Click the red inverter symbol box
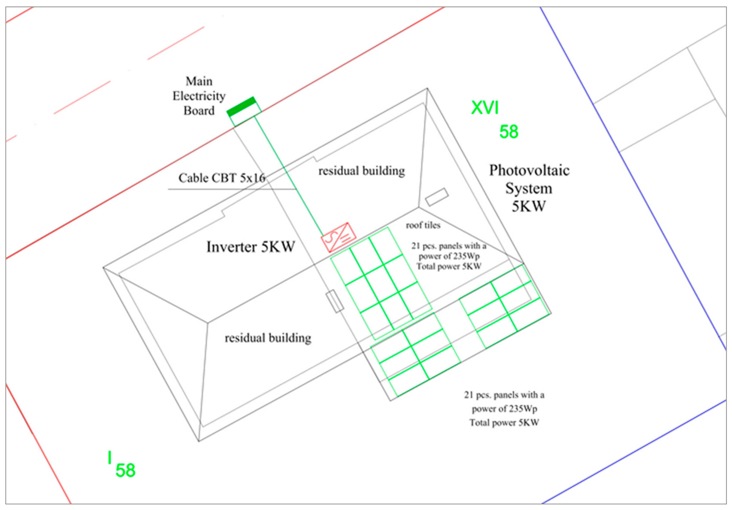[x=338, y=237]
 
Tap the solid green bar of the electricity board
[x=241, y=106]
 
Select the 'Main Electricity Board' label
[x=199, y=96]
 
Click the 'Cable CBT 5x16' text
[x=221, y=178]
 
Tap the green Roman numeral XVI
[x=485, y=108]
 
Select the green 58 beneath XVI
[x=509, y=132]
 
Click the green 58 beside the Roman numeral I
[x=125, y=470]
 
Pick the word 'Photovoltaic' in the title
[x=529, y=170]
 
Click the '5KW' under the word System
[x=529, y=206]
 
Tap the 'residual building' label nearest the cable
[x=362, y=171]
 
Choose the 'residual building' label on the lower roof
[x=268, y=338]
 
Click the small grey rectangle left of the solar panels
[x=335, y=301]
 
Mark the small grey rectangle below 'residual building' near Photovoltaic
[x=437, y=197]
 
